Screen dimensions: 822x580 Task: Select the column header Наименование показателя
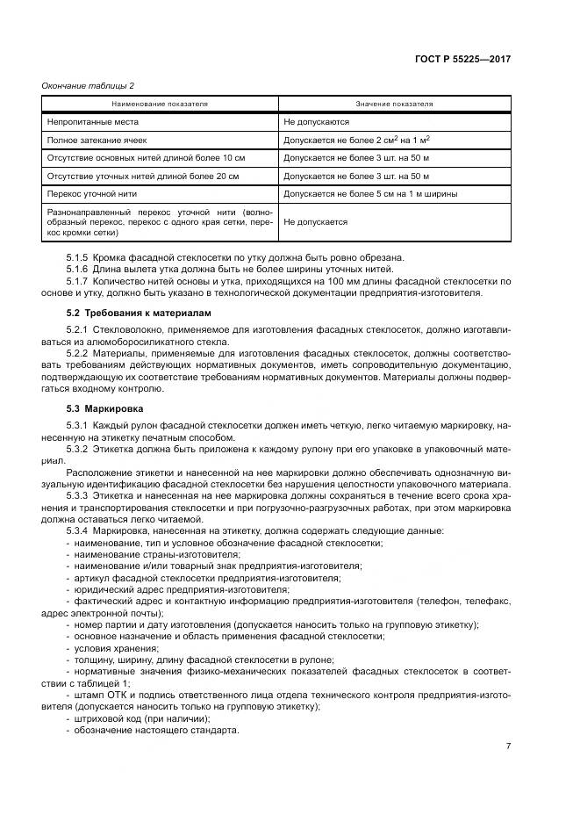[160, 104]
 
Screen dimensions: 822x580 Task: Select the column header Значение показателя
[394, 104]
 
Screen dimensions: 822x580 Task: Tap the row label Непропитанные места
[92, 122]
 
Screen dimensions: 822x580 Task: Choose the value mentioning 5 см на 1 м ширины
[369, 193]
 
